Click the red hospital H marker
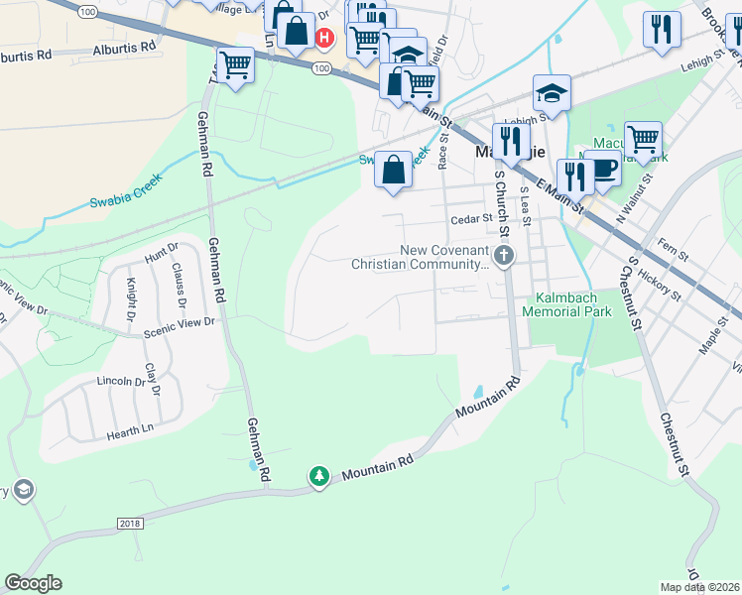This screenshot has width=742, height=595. pyautogui.click(x=323, y=38)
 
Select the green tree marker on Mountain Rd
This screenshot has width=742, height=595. pyautogui.click(x=319, y=478)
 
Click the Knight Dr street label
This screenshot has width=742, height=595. pyautogui.click(x=130, y=300)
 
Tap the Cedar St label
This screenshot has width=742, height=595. pyautogui.click(x=471, y=218)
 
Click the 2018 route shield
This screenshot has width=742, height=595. pyautogui.click(x=129, y=523)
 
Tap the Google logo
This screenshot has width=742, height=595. pyautogui.click(x=33, y=583)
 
